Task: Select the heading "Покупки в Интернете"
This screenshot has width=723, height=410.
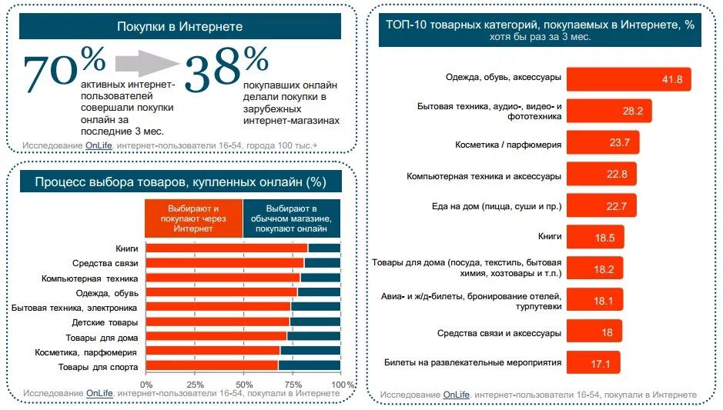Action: tap(179, 27)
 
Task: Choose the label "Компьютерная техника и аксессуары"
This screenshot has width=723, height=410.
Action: tap(484, 175)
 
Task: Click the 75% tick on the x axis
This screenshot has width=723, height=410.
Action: tap(292, 384)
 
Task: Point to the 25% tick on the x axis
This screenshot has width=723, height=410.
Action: tap(195, 384)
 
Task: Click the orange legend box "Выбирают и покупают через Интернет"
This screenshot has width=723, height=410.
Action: tap(193, 218)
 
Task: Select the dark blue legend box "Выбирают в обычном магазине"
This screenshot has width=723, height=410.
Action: tap(292, 218)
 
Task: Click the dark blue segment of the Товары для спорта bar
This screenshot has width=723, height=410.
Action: tap(309, 365)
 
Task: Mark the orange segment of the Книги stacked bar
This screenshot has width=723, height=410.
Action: tap(226, 248)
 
